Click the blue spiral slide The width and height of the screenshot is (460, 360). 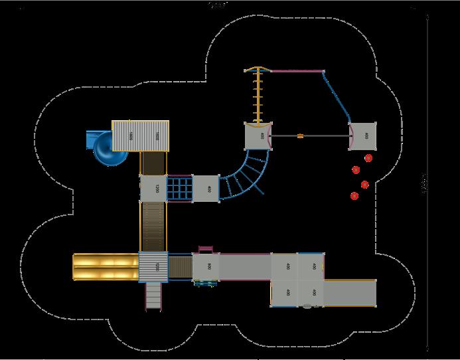[106, 148]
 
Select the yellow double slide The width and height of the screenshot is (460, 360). [104, 266]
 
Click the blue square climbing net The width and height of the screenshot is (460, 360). [179, 187]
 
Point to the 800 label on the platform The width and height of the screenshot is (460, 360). [208, 266]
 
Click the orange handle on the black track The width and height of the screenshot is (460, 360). [300, 136]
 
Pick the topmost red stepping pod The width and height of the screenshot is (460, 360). [368, 157]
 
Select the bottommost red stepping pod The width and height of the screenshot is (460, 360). [354, 196]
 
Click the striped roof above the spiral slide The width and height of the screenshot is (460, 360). [140, 135]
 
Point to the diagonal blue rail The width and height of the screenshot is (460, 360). [338, 96]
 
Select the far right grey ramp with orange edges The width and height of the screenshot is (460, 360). [350, 291]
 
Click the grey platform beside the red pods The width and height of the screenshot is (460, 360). [362, 136]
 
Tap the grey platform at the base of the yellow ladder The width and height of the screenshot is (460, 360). [258, 136]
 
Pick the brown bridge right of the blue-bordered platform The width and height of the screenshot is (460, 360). [181, 266]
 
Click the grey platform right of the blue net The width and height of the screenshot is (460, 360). [206, 188]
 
